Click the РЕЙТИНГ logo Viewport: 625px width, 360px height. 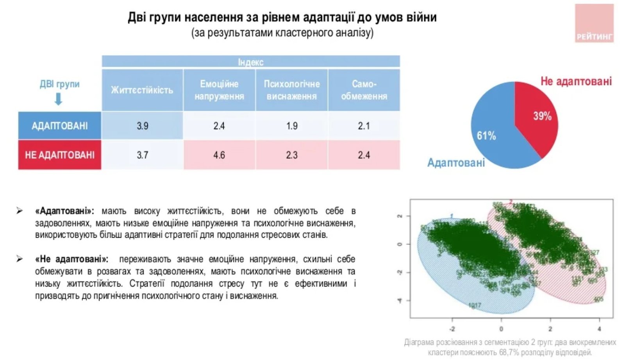(x=594, y=23)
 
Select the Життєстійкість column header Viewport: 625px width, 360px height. (x=142, y=90)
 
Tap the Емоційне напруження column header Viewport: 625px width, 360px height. (x=219, y=90)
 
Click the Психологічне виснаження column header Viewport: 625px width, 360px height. (x=291, y=90)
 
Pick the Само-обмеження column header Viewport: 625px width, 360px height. (x=364, y=90)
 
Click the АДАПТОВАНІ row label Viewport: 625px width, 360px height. (x=59, y=126)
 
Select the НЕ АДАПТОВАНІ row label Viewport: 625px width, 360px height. (x=59, y=155)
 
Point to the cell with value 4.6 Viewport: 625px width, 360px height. (x=219, y=155)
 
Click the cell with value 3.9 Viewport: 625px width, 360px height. (x=142, y=126)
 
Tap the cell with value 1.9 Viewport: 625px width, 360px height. (x=291, y=126)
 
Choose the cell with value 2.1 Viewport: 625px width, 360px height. (x=364, y=126)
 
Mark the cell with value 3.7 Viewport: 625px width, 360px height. (x=142, y=155)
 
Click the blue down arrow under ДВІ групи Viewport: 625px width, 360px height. (x=58, y=99)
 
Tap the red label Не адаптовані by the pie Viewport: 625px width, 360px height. (x=576, y=81)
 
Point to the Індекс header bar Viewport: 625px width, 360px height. (x=251, y=62)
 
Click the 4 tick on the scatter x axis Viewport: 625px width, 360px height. (x=599, y=329)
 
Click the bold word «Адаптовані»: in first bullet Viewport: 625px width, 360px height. (x=64, y=211)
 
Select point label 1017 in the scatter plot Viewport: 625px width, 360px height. (x=475, y=305)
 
